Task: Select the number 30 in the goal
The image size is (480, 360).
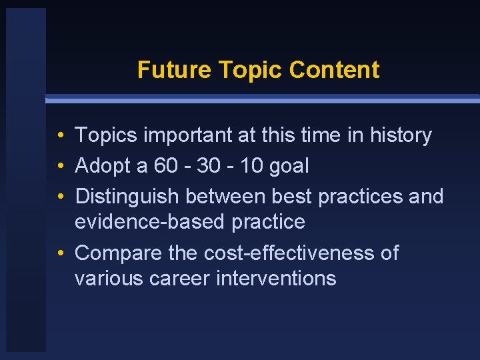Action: (209, 166)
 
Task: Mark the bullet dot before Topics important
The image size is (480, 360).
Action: (60, 136)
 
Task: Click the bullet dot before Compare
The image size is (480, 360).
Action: (60, 253)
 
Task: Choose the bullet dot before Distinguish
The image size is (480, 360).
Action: (60, 197)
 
